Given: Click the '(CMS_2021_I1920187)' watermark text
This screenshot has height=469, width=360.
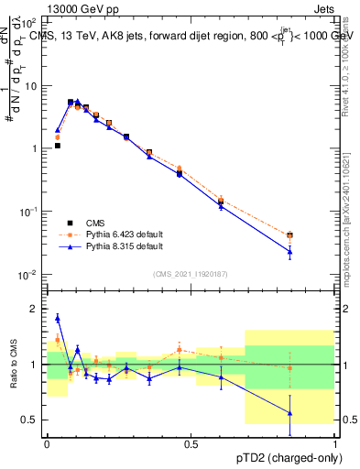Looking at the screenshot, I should point(191,272).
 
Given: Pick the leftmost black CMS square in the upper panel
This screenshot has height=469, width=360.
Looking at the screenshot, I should point(57,146).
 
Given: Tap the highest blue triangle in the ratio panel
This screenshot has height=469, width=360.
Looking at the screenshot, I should point(58,318).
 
